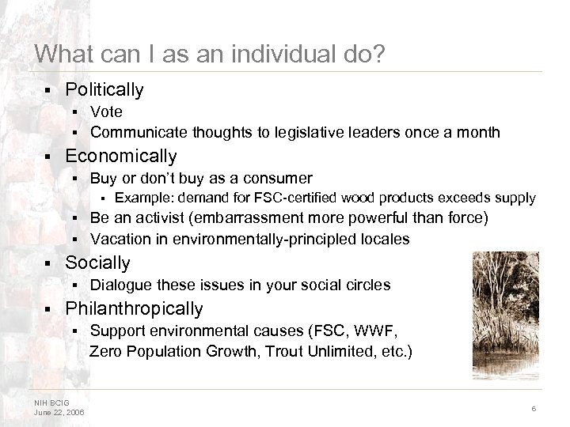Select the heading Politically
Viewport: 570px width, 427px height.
pos(104,90)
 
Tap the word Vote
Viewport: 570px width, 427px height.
pos(106,112)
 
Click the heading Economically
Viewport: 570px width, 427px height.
pos(121,156)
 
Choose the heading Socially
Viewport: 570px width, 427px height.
pos(97,263)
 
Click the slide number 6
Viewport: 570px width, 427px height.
pos(534,407)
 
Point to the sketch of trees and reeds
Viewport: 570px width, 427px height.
pos(505,314)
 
